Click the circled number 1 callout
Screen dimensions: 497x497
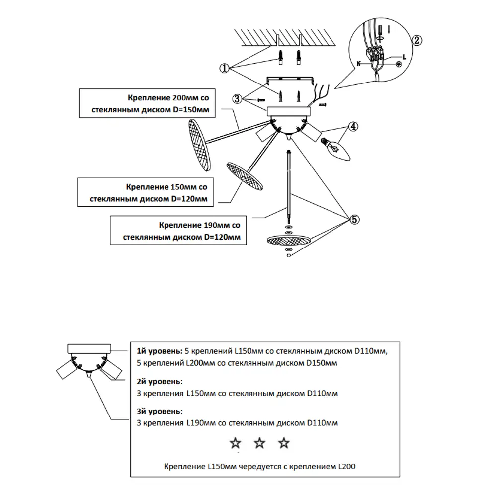coord(225,68)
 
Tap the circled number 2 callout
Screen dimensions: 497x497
coord(417,40)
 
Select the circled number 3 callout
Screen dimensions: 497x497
coord(237,99)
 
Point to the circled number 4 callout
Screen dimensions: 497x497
coord(353,126)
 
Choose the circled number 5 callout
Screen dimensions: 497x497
coord(354,219)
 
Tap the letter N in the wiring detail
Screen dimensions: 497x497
coord(359,64)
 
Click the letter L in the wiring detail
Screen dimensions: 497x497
coord(404,57)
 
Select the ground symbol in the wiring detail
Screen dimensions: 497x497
coord(399,64)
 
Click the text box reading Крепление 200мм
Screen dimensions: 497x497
coord(147,103)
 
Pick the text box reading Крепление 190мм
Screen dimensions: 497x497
coord(178,231)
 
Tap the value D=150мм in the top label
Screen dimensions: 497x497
coord(191,110)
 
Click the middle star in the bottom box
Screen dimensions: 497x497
coord(259,443)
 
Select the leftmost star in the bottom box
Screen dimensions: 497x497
coord(235,443)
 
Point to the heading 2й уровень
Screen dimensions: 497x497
coord(160,381)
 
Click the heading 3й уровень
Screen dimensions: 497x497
coord(160,411)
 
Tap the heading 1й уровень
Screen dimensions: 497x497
coord(160,351)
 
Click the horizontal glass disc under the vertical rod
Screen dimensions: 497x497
coord(288,241)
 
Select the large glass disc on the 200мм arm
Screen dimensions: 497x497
coord(199,145)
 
